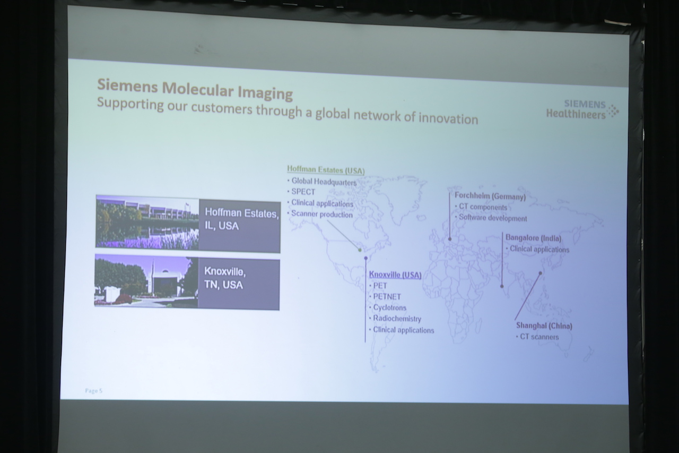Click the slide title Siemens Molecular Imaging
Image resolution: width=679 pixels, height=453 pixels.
[195, 89]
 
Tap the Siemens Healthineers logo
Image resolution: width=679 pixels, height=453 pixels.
[582, 109]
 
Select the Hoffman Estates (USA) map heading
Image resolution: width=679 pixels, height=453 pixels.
[326, 170]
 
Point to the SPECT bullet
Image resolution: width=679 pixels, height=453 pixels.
[301, 192]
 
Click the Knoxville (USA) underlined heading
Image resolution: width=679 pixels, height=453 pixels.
[395, 275]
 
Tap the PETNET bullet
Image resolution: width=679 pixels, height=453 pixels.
[385, 296]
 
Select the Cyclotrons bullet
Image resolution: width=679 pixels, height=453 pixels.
[388, 307]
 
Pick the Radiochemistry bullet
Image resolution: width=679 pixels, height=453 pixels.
[395, 319]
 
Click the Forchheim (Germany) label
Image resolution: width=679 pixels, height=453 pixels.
[490, 196]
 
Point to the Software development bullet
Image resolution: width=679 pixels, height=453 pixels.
[491, 218]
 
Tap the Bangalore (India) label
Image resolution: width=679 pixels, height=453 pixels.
[534, 238]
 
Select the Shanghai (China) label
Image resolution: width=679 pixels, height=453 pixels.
[544, 326]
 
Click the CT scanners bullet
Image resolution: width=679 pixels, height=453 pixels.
[537, 337]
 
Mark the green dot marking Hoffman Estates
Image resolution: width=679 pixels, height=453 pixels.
[360, 250]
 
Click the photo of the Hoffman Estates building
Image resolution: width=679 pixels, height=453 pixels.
[147, 223]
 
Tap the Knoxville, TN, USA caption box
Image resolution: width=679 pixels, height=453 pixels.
[239, 284]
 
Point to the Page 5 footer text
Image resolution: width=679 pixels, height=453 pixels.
[94, 391]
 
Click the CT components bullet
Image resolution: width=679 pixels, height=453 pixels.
[481, 207]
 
